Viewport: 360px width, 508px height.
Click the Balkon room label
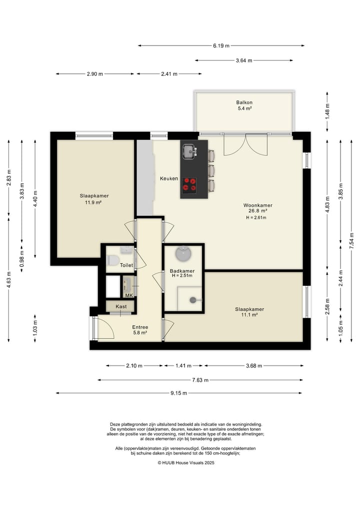click(244, 102)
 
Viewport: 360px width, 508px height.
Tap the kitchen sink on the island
click(189, 151)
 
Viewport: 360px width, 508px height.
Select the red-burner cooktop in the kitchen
click(189, 185)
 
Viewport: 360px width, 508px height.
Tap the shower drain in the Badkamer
click(193, 300)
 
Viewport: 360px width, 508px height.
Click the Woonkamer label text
click(258, 205)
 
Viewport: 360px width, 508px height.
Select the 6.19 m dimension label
click(221, 45)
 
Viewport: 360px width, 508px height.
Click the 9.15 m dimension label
click(178, 393)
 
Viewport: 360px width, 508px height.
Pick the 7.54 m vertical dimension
click(351, 241)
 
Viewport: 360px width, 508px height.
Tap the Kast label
click(121, 307)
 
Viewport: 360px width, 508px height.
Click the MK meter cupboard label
click(129, 295)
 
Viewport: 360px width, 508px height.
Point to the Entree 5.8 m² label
click(140, 330)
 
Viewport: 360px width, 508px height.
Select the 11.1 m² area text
click(249, 315)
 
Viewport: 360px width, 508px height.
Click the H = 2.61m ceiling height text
click(256, 218)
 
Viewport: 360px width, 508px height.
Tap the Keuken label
click(169, 178)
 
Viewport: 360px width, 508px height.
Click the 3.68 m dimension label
click(254, 366)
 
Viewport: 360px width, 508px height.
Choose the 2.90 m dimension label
click(94, 74)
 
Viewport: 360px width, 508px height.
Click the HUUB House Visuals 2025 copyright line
click(186, 463)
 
